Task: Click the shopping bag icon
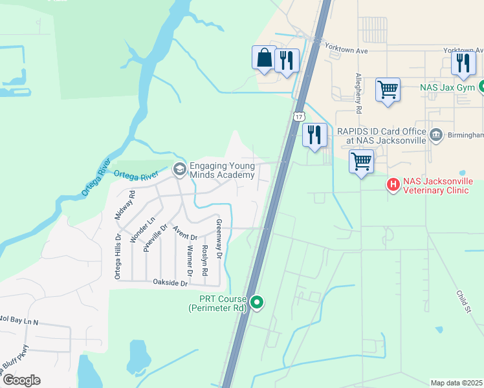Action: coord(264,58)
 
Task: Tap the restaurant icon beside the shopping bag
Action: coord(287,61)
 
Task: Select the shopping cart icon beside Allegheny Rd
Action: coord(388,89)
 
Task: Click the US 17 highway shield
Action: coord(298,116)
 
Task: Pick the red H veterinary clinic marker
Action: coord(393,185)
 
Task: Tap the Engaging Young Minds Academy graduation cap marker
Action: coord(179,169)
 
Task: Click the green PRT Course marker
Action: coord(257,302)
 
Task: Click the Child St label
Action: coord(463,301)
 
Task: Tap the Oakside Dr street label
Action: coord(170,283)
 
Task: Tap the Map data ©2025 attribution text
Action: coord(456,383)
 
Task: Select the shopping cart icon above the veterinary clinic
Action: coord(360,162)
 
